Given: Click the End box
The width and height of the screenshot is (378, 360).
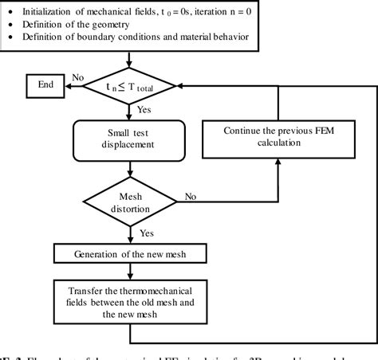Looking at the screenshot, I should click(x=46, y=84).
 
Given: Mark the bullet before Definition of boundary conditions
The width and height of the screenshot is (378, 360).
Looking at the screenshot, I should click(x=10, y=37).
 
